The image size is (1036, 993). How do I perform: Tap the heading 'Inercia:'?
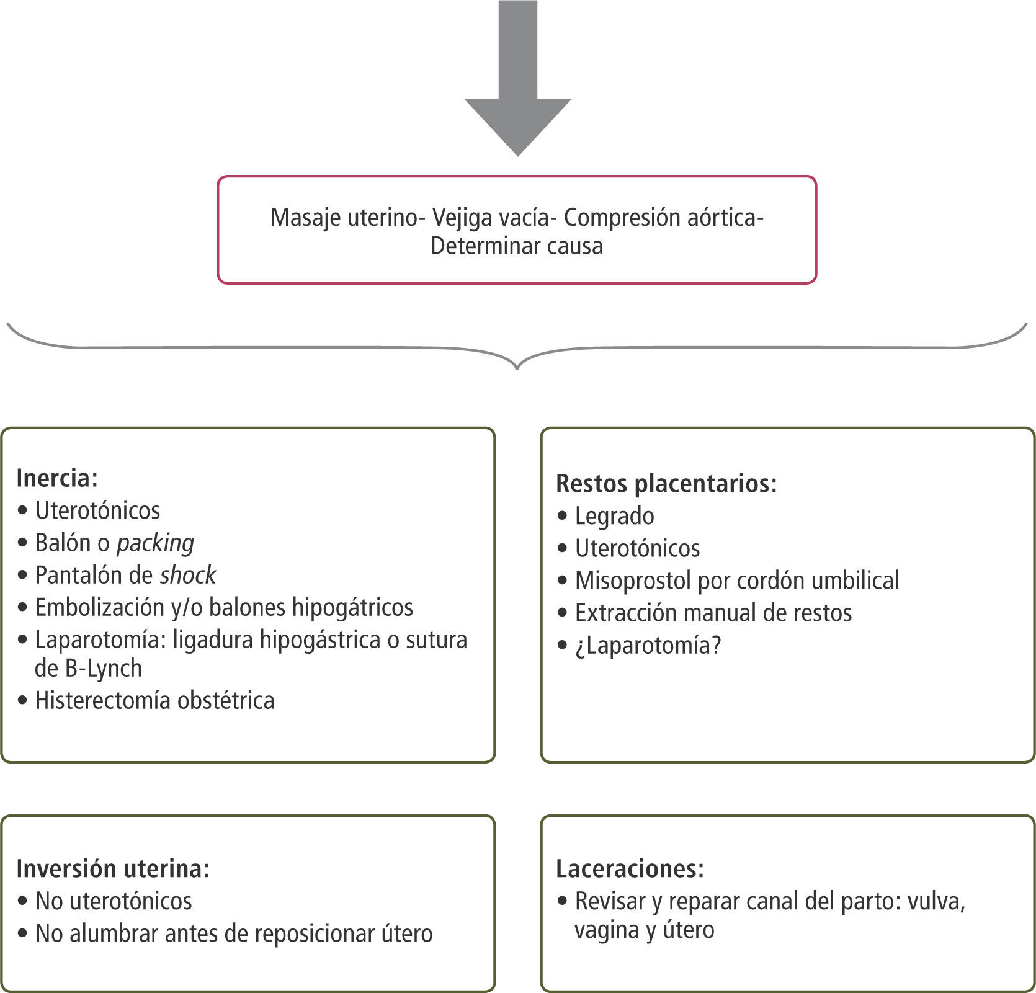(57, 478)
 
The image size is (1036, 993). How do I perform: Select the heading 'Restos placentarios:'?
(666, 484)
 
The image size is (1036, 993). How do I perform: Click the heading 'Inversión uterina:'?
(113, 868)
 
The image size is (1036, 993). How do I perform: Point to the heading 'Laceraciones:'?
(630, 868)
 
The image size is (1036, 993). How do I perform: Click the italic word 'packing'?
(155, 543)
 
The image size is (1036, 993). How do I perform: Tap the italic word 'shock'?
(188, 576)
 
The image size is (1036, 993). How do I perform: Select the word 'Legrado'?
(614, 516)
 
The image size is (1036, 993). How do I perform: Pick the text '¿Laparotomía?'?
(648, 646)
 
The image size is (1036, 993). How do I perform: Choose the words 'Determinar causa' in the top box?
(516, 246)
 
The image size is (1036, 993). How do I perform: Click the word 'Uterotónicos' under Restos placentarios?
(637, 548)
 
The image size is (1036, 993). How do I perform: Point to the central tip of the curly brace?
(517, 368)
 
